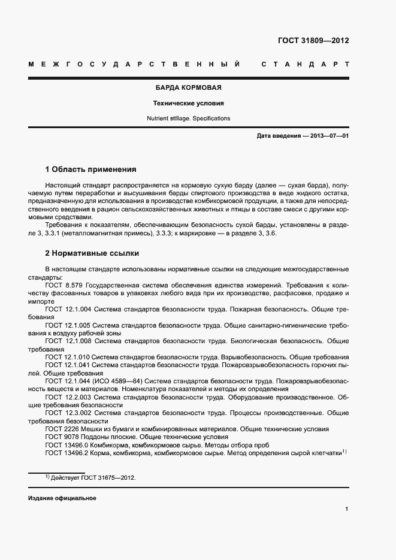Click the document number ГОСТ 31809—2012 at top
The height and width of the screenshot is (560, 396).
[x=313, y=41]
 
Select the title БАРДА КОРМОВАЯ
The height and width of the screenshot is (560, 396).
[x=189, y=87]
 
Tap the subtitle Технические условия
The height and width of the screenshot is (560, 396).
[x=189, y=103]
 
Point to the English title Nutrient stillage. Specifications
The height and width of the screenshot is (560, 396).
[x=189, y=119]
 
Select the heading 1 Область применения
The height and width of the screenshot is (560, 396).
[x=91, y=169]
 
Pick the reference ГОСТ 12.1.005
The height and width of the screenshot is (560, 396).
[x=68, y=325]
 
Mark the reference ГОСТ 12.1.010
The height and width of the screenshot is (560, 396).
[x=68, y=356]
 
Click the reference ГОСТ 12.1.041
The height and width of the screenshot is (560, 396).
[x=68, y=364]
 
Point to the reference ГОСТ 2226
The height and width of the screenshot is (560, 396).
[x=60, y=429]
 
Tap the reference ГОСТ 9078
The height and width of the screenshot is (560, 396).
[x=60, y=437]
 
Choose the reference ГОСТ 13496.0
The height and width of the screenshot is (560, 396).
[x=66, y=445]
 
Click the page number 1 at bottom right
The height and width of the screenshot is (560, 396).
[x=346, y=509]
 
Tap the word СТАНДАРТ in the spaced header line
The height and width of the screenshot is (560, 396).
[x=306, y=64]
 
